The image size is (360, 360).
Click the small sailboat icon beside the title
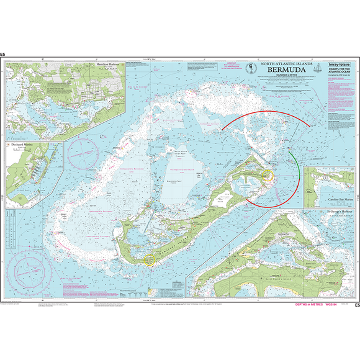(x=318, y=67)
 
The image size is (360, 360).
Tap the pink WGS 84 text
(x=335, y=305)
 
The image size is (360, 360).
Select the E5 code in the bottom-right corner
(x=356, y=305)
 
